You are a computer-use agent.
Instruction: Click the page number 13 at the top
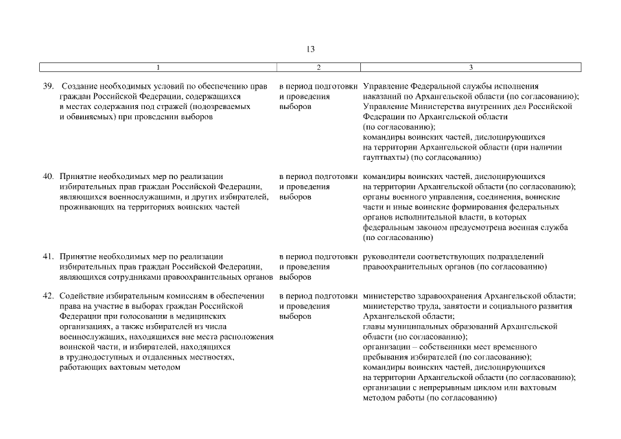[310, 49]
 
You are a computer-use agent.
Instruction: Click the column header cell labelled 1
[158, 67]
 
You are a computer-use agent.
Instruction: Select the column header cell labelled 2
[318, 67]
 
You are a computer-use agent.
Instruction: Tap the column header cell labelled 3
[470, 67]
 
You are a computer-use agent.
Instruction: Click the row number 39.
[48, 87]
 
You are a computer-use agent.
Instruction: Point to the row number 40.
[48, 176]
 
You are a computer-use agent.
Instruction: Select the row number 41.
[48, 257]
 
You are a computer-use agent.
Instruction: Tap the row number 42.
[48, 296]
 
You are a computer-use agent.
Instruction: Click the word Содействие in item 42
[82, 296]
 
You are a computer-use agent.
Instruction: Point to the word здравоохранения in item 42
[444, 296]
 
